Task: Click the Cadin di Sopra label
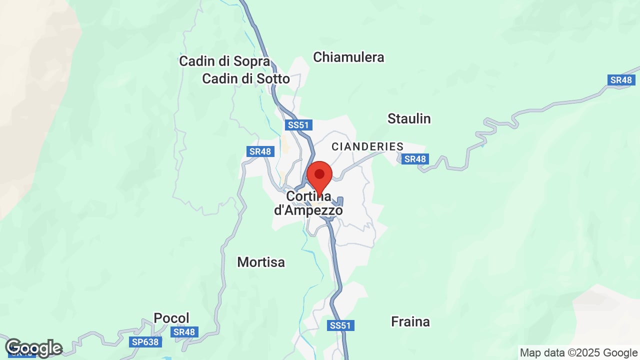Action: pos(224,61)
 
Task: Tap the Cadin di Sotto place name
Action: pos(245,79)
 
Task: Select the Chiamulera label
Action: pos(348,57)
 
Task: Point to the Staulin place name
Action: pos(409,118)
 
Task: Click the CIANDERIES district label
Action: pos(367,146)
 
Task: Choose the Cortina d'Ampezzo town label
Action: pos(308,203)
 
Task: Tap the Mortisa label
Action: pos(261,262)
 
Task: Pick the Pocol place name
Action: pos(171,318)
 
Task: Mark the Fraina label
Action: pos(410,321)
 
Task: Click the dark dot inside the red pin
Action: pos(319,174)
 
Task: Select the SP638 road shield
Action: pos(145,342)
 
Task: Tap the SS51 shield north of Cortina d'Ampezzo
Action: pos(298,124)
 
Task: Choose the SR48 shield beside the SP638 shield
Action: pos(184,331)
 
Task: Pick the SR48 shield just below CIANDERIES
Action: pos(415,159)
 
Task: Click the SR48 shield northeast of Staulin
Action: pos(621,80)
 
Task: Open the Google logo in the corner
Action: pos(33,348)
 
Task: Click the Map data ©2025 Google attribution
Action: pos(578,352)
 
